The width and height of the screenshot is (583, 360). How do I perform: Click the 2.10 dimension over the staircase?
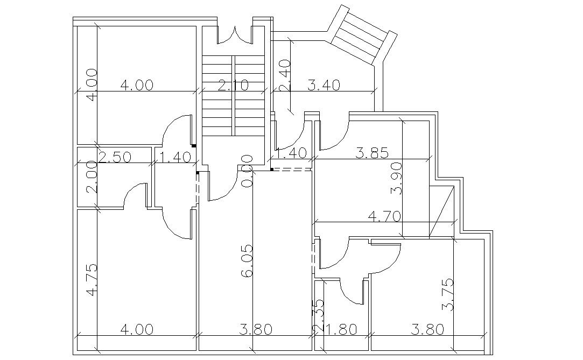click(233, 85)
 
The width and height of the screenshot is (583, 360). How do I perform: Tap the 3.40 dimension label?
click(324, 85)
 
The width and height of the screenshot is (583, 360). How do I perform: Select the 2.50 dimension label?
click(115, 158)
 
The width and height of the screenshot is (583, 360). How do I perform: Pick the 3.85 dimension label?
click(372, 153)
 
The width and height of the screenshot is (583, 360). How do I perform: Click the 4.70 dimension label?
click(384, 217)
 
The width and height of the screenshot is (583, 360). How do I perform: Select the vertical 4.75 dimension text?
click(92, 279)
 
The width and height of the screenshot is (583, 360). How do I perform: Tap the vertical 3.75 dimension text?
click(447, 294)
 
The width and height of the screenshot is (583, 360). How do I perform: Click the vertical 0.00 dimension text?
click(247, 171)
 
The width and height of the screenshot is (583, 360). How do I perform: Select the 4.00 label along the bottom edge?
click(137, 329)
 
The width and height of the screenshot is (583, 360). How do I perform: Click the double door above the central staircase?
click(235, 34)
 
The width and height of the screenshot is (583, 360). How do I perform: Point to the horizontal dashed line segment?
click(292, 170)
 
